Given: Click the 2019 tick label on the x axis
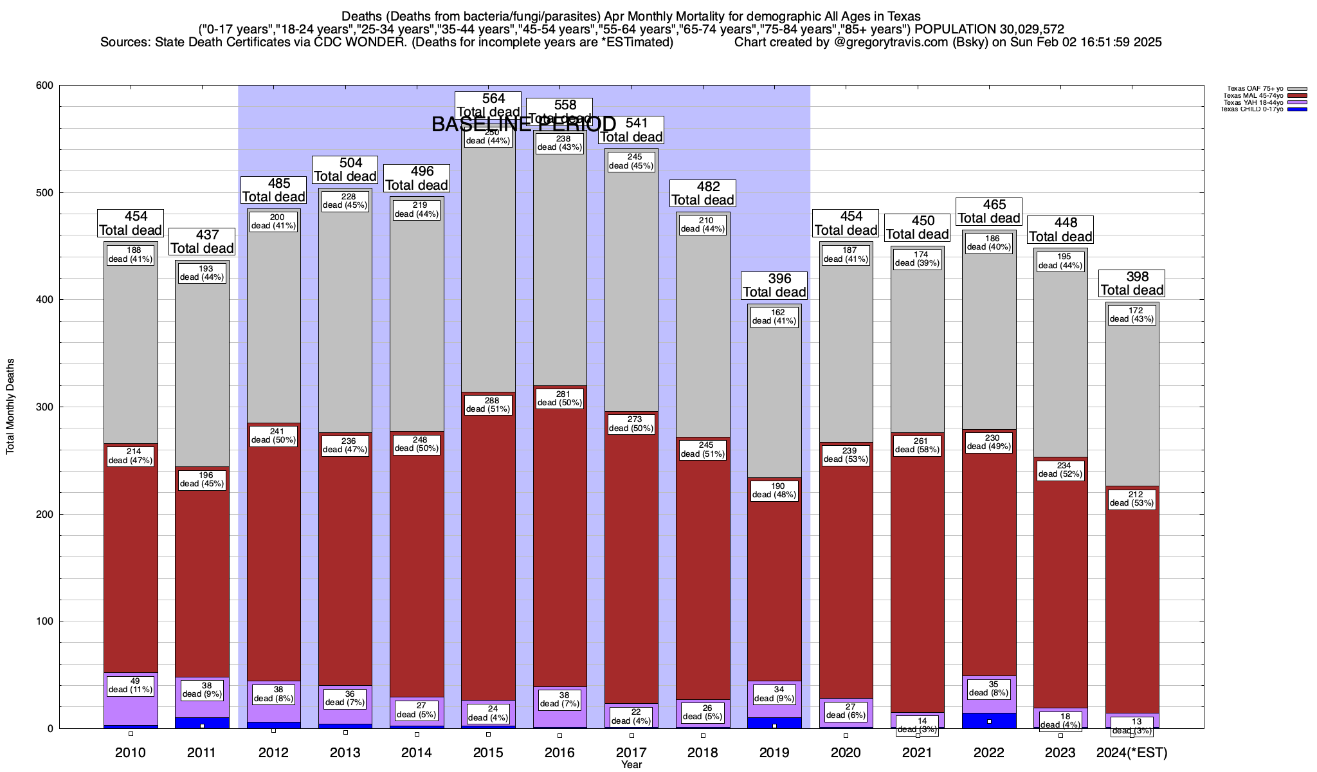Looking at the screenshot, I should coord(774,753).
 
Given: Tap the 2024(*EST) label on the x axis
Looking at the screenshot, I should coord(1132,753).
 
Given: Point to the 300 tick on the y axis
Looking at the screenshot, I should coord(49,407).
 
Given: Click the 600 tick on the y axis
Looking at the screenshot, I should coord(49,86).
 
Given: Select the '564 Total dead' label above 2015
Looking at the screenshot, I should coord(489,105).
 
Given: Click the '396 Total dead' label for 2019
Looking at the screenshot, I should coord(774,285).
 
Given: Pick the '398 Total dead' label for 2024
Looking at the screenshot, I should coord(1132,283).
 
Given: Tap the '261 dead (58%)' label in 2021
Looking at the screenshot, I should coord(918,445).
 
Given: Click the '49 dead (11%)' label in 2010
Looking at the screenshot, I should coord(131,685).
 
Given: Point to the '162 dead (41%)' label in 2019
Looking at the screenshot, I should coord(774,317).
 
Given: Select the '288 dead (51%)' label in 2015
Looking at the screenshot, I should coord(489,405).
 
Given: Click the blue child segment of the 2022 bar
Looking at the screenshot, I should coord(989,721).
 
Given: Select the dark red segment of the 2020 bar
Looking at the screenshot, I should coord(846,579).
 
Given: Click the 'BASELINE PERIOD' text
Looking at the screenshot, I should coord(523,125).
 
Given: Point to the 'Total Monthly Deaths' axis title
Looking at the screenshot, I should coord(10,407).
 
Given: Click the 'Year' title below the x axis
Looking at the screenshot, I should coord(631,765).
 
